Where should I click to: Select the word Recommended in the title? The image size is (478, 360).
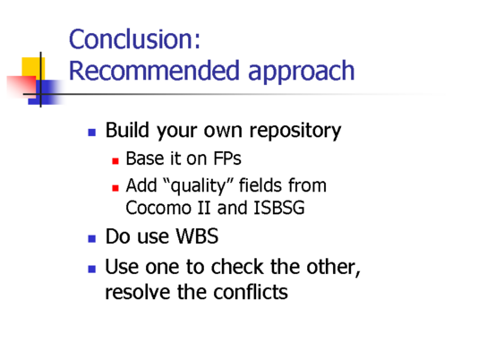154,71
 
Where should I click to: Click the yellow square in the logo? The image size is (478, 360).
33,69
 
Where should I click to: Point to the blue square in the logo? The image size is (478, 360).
46,92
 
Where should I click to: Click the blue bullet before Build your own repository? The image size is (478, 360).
92,133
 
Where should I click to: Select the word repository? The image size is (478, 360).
295,132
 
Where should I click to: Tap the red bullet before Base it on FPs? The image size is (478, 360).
115,161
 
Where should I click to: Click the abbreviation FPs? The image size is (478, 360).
227,159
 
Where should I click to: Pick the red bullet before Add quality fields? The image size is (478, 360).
115,188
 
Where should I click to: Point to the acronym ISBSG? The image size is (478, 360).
279,208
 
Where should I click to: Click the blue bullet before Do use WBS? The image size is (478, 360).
92,238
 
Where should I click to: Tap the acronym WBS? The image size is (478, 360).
197,236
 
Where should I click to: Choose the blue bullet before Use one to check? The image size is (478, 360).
92,269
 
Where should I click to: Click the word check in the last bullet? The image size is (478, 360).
237,267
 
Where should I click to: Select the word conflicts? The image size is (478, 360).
251,292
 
